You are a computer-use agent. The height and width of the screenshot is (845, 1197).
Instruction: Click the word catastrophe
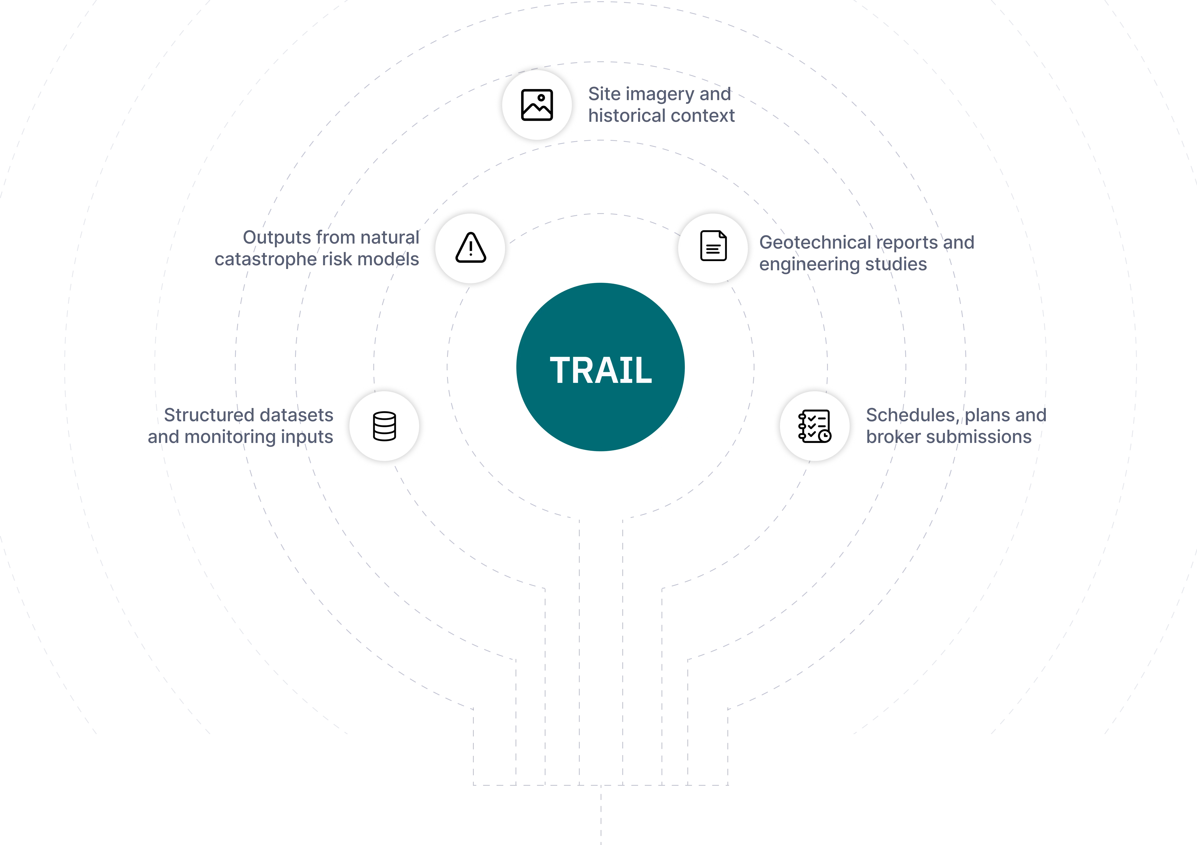pyautogui.click(x=265, y=259)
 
